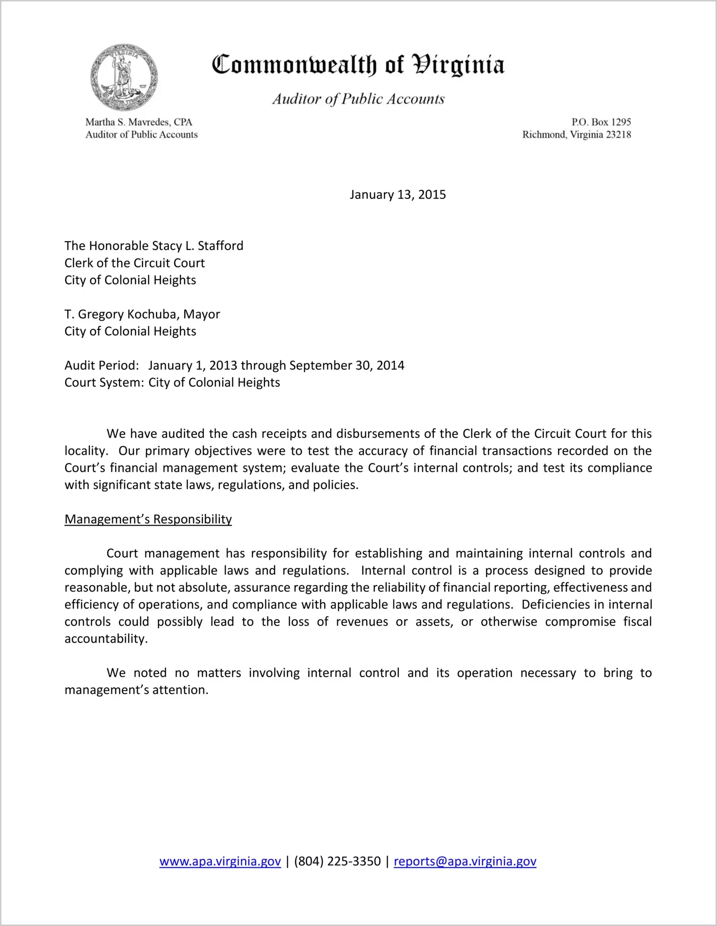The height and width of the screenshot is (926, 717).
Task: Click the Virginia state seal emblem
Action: pos(124,78)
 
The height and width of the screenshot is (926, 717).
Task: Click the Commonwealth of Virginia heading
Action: pos(358,65)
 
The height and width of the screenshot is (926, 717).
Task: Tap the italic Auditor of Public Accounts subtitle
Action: pos(358,99)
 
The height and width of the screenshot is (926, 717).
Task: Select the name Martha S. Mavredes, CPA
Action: pos(139,122)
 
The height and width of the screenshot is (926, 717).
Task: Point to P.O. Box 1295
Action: pos(601,122)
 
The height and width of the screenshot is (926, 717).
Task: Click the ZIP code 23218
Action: pos(619,135)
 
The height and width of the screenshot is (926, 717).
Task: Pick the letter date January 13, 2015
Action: pos(397,195)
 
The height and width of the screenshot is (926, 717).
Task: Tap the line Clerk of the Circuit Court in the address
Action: pos(134,263)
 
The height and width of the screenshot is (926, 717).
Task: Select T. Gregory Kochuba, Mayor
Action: pos(142,315)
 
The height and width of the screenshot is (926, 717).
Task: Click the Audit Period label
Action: pos(102,365)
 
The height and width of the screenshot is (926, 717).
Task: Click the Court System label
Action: pos(104,383)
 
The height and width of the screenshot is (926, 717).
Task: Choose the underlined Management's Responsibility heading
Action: pos(148,519)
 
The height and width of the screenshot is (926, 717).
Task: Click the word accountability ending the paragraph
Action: pos(106,639)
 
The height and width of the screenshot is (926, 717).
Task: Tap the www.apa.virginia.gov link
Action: pos(220,862)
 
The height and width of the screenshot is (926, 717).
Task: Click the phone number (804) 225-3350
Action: pos(337,862)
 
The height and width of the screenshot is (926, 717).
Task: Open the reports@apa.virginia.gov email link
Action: pos(465,862)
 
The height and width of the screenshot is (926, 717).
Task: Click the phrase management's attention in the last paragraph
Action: pos(136,690)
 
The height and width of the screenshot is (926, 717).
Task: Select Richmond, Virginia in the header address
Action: pos(562,135)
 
